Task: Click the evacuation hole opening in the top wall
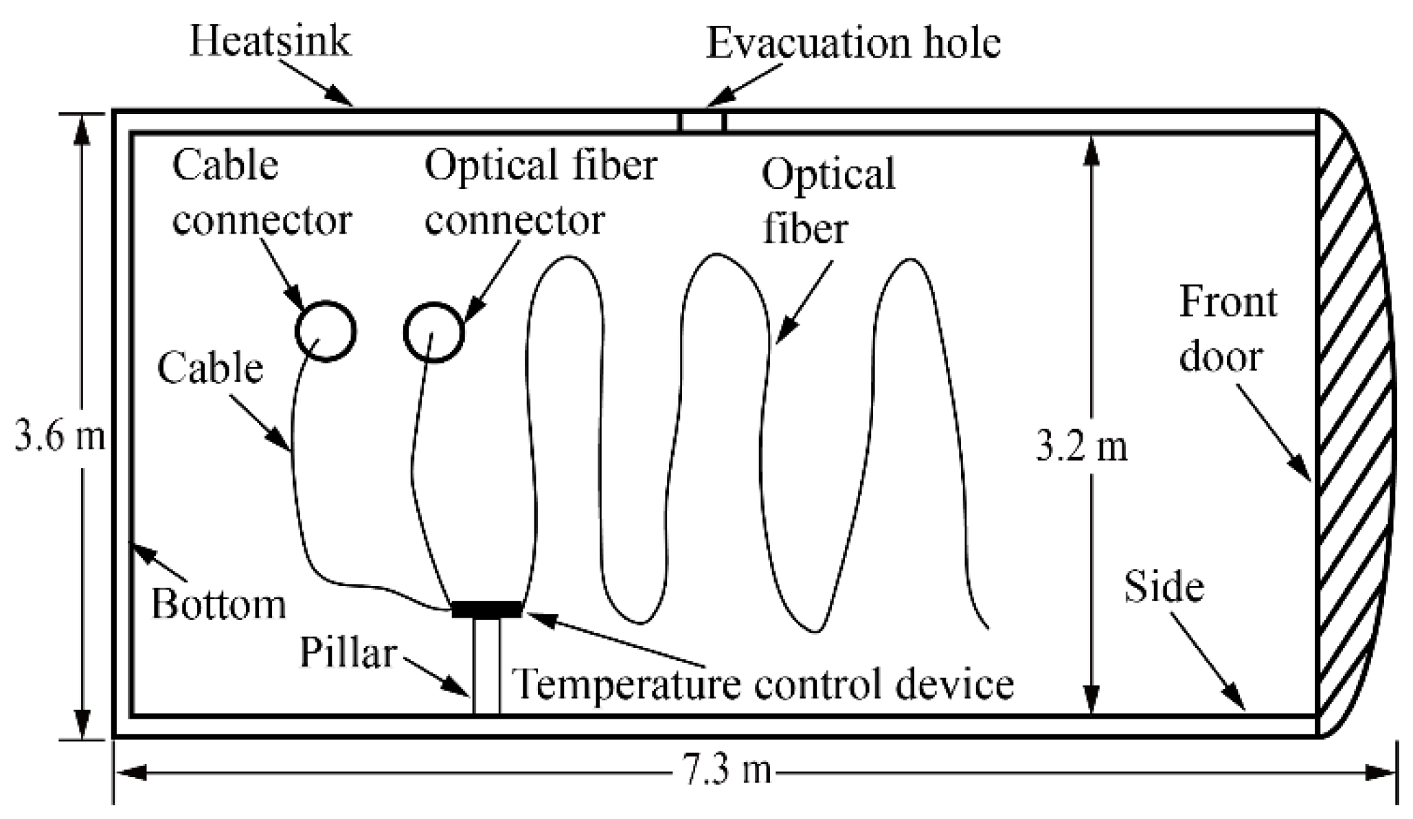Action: coord(702,122)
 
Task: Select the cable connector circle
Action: coord(326,331)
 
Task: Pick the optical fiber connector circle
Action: coord(433,333)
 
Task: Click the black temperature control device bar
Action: coord(486,609)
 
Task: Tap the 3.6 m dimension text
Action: coord(60,437)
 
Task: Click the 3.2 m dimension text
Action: coord(1081,447)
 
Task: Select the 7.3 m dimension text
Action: coord(727,770)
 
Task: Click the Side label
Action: coord(1164,587)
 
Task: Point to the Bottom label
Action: coord(218,605)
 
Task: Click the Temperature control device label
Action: coord(762,684)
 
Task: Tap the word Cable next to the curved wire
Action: coord(210,368)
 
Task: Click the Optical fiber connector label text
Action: coord(539,192)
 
